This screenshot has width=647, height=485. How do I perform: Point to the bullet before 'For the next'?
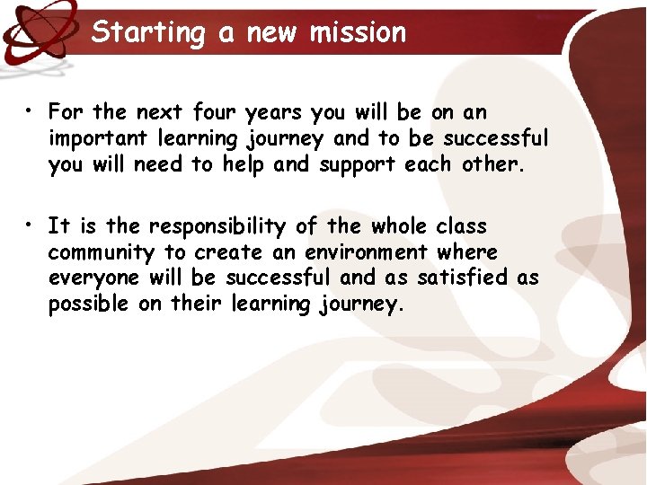(30, 112)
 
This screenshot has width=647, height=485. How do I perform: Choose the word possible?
(88, 304)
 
